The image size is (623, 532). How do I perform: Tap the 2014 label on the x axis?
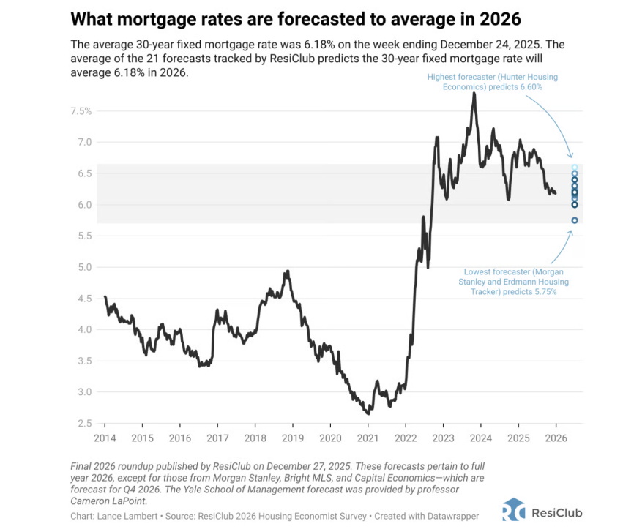tap(105, 438)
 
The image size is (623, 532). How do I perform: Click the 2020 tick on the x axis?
tap(329, 438)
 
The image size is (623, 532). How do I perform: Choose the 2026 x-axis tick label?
tap(555, 438)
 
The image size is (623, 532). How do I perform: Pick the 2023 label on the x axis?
tap(442, 438)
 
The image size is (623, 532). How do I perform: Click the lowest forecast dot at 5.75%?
tap(575, 220)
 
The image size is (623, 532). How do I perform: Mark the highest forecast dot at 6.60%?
tap(575, 168)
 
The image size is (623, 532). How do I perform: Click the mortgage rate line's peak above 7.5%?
tap(474, 93)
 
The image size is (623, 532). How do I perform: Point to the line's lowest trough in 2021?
tap(367, 413)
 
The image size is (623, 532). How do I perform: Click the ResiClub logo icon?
tap(513, 509)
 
